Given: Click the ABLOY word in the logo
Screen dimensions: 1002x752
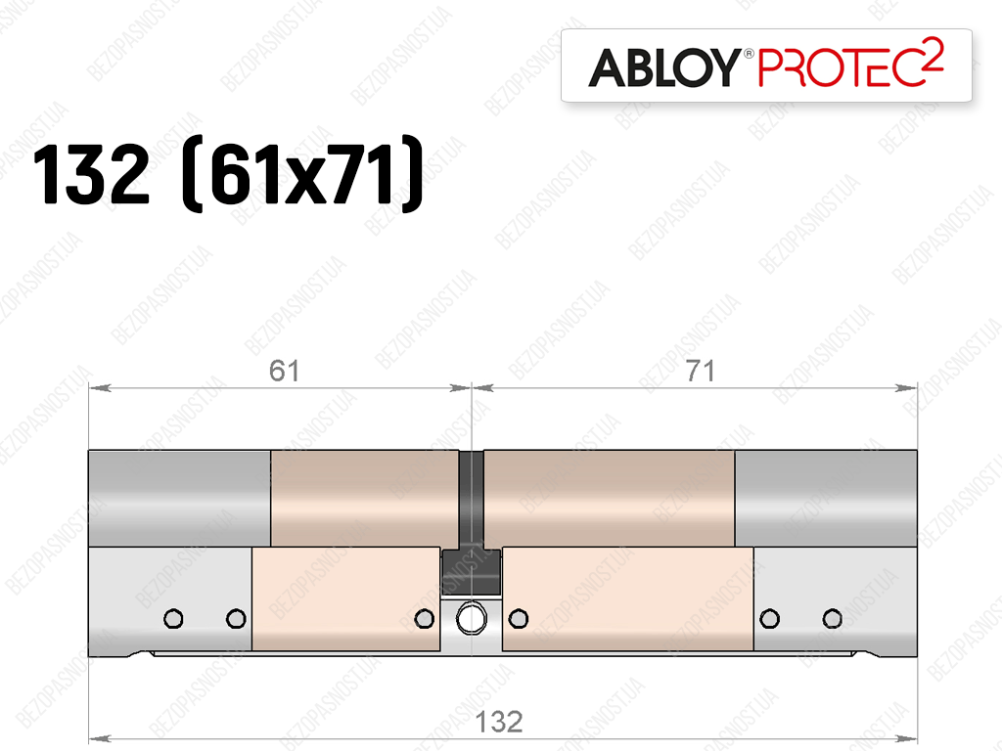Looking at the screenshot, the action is [664, 67].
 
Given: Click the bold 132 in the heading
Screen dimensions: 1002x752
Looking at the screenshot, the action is [91, 174].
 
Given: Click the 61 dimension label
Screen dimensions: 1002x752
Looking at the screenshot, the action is [284, 371].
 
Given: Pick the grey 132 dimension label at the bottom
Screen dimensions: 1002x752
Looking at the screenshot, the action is [499, 722].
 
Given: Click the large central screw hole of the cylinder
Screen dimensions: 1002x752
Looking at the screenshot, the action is [472, 619].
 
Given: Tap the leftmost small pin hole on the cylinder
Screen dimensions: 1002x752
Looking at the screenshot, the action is [174, 619].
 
